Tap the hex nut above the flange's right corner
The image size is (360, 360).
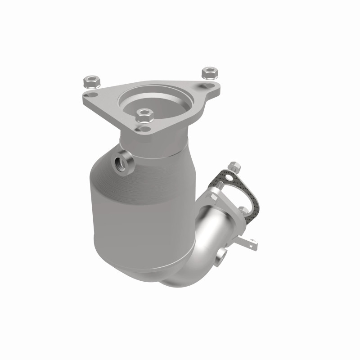(x=209, y=72)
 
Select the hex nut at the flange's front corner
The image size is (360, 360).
(x=144, y=115)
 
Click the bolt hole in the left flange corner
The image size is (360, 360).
(x=93, y=95)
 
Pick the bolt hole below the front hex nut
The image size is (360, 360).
(x=144, y=129)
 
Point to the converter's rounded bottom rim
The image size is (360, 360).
(x=148, y=270)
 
